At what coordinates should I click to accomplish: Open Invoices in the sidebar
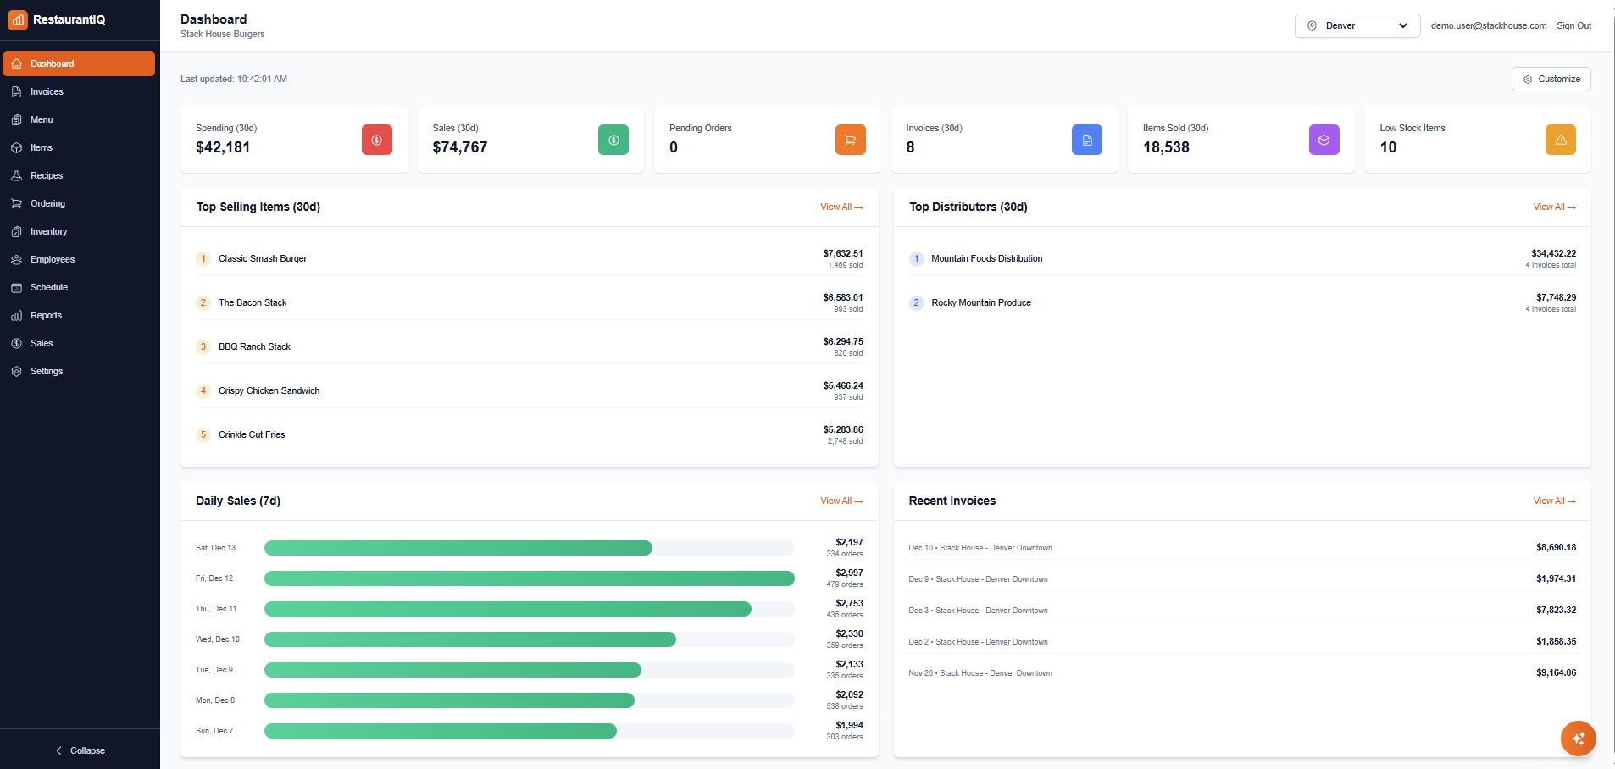pos(47,91)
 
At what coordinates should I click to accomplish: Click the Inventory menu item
pos(48,231)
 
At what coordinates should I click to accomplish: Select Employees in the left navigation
pos(52,259)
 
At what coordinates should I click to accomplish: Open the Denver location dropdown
pos(1357,25)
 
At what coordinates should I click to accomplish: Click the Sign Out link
pos(1573,25)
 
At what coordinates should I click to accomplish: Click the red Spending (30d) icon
pos(376,140)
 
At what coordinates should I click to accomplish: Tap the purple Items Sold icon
pos(1324,140)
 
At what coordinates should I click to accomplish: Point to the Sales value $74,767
pos(459,147)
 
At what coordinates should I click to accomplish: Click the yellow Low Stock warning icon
pos(1560,140)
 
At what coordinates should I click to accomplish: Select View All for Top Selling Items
pos(841,207)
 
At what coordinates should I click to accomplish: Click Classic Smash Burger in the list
pos(262,258)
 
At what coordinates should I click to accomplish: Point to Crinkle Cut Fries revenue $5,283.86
pos(842,429)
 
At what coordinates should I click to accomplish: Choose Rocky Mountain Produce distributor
pos(980,302)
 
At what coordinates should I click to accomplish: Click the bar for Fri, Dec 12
pos(529,578)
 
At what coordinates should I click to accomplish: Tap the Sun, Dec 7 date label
pos(214,731)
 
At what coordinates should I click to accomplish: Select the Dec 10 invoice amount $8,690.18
pos(1556,547)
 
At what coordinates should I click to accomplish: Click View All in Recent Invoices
pos(1554,501)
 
